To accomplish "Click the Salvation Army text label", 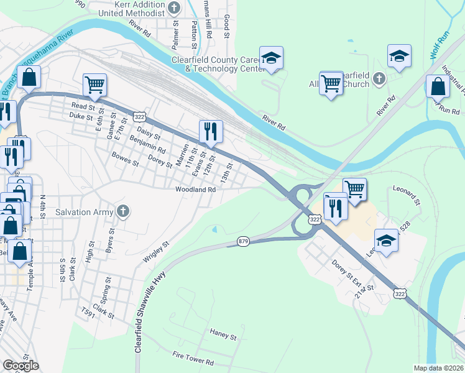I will click(x=85, y=212).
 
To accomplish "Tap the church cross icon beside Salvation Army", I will click(x=123, y=211).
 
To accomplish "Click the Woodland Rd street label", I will click(x=195, y=190).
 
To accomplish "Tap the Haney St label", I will click(x=223, y=336).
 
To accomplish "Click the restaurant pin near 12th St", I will click(x=211, y=132).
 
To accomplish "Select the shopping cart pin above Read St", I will click(x=94, y=85).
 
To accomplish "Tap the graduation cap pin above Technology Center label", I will click(x=271, y=58).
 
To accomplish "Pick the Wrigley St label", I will click(x=157, y=253).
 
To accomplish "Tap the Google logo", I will click(x=21, y=366).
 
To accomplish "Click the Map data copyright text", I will click(x=439, y=368).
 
